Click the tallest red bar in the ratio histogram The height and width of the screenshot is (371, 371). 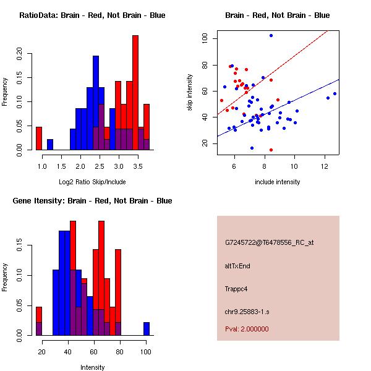pos(135,93)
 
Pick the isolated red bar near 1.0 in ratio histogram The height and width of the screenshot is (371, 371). pos(39,138)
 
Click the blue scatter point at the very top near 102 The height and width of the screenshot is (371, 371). pos(271,35)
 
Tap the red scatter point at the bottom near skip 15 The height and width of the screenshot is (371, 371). pos(271,150)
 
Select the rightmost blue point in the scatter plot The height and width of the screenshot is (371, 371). pos(335,93)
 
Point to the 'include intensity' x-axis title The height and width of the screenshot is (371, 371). pos(278,182)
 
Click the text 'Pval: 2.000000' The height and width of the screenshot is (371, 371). pos(247,329)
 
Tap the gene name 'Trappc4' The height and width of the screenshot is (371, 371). pos(237,289)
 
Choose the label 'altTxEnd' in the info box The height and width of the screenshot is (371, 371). pos(237,266)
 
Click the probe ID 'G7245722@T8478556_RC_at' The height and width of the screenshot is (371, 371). pos(269,243)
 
